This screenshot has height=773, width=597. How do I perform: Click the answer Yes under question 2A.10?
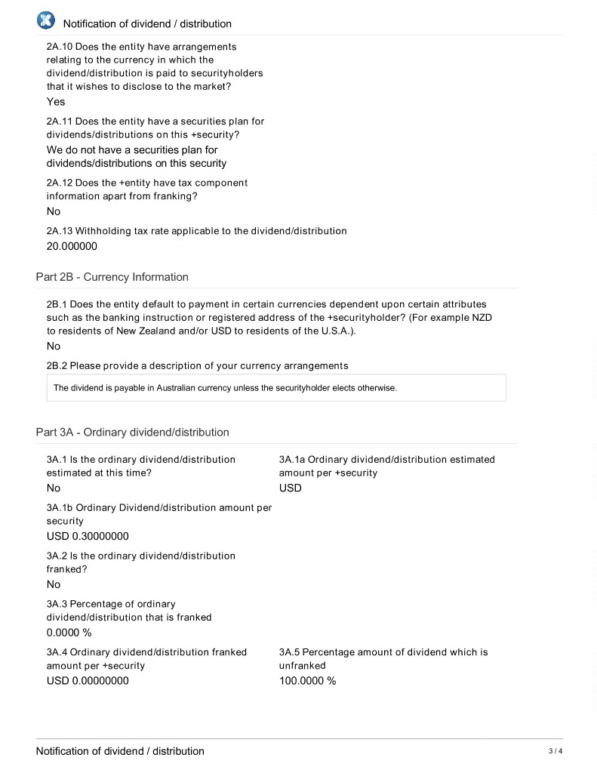coord(56,102)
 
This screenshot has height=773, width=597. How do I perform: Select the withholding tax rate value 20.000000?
coord(72,246)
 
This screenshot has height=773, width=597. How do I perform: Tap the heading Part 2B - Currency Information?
coord(112,277)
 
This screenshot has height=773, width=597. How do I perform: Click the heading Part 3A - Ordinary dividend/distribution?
coord(132,433)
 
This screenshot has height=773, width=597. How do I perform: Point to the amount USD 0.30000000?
coord(88,537)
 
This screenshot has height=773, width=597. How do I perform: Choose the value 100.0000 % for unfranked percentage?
coord(307,681)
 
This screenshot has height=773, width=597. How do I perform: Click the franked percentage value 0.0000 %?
coord(69,633)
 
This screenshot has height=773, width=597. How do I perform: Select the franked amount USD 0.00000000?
coord(88,681)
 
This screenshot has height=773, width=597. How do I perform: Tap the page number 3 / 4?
coord(555,751)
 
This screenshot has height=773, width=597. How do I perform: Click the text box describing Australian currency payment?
coord(276,388)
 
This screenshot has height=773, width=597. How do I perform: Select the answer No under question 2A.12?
coord(54,212)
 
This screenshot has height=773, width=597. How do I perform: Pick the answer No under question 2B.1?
coord(54,346)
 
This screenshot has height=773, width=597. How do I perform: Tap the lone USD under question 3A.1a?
coord(290,488)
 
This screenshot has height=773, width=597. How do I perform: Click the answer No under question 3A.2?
coord(54,584)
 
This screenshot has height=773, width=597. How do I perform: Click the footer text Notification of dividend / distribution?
coord(120,751)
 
